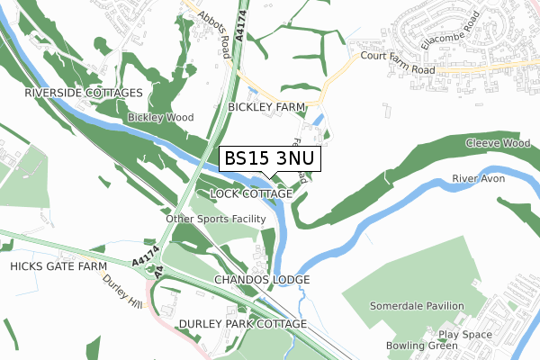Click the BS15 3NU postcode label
point(269,158)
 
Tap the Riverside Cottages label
point(84,94)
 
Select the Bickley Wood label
point(161,117)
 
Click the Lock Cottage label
point(250,194)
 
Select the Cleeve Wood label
point(498,143)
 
